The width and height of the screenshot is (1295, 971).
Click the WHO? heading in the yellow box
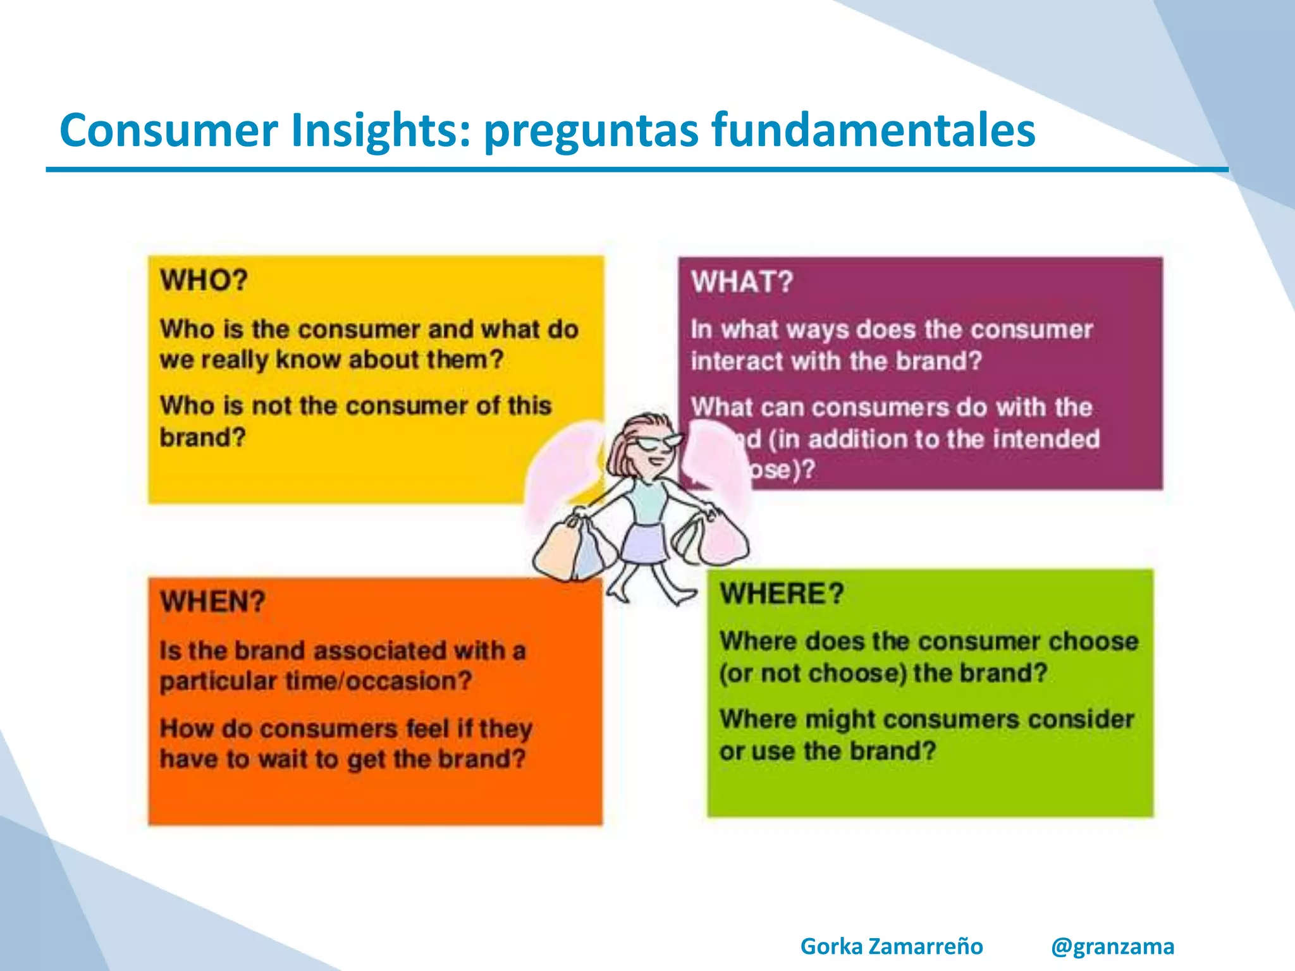(x=204, y=280)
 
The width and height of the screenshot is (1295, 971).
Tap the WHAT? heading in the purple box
(x=742, y=282)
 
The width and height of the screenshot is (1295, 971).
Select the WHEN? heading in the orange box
(x=212, y=601)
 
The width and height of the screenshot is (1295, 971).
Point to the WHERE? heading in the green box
(x=782, y=594)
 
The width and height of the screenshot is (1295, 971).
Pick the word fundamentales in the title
(x=873, y=130)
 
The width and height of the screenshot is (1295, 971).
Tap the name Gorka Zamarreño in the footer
(x=892, y=946)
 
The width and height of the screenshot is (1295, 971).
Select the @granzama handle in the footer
(x=1112, y=946)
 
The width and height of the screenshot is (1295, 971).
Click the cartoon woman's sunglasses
(x=658, y=443)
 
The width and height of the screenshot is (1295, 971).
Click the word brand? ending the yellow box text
(x=202, y=437)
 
